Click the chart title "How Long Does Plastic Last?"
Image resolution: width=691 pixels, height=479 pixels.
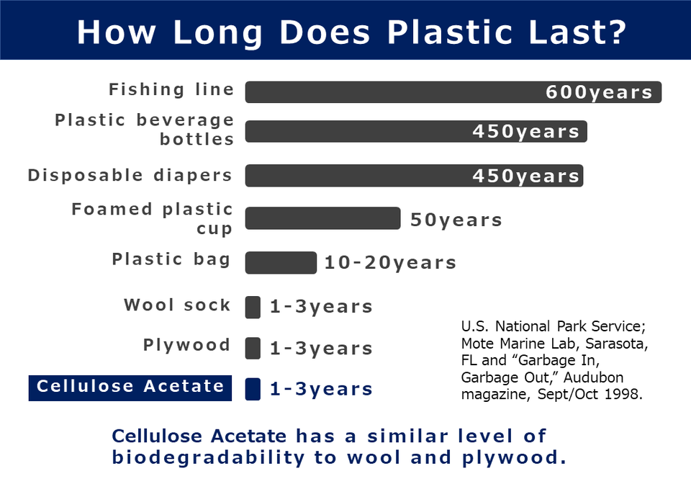pyautogui.click(x=351, y=31)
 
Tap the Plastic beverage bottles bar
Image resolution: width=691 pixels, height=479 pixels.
pyautogui.click(x=360, y=131)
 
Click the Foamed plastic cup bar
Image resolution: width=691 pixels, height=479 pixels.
pyautogui.click(x=322, y=218)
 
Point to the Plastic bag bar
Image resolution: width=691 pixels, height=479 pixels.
pyautogui.click(x=281, y=263)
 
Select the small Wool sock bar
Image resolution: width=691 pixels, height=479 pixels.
pyautogui.click(x=253, y=307)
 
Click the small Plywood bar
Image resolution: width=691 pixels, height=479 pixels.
pyautogui.click(x=253, y=348)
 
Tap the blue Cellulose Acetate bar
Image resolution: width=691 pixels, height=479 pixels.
pyautogui.click(x=253, y=388)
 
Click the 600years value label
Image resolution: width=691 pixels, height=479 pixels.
pyautogui.click(x=599, y=92)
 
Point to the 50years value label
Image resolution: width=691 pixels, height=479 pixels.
pyautogui.click(x=456, y=220)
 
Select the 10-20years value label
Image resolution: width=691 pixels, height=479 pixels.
pyautogui.click(x=390, y=263)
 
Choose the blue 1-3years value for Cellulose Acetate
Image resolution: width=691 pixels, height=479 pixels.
pyautogui.click(x=321, y=389)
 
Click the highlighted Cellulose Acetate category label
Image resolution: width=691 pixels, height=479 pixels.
pyautogui.click(x=130, y=387)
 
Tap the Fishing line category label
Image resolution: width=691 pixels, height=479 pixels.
pyautogui.click(x=171, y=89)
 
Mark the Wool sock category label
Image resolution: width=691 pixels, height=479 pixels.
pyautogui.click(x=177, y=305)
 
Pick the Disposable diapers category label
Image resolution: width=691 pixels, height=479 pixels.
pyautogui.click(x=130, y=175)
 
